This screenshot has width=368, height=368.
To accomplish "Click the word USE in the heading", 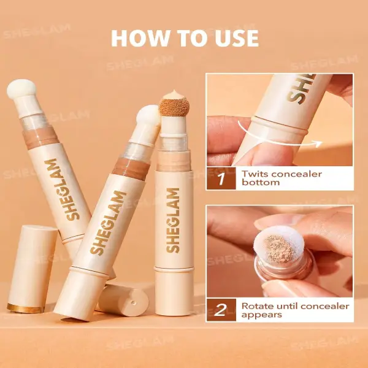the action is (x=237, y=38).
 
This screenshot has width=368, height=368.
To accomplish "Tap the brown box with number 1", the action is (x=221, y=178).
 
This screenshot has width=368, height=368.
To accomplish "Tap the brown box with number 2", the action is (x=221, y=310).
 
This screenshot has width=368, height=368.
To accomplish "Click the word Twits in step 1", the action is (x=255, y=174).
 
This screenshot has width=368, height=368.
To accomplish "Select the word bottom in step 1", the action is (x=261, y=183).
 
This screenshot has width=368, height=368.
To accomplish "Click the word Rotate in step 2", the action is (x=258, y=306).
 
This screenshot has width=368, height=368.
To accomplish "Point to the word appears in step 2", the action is (x=262, y=315).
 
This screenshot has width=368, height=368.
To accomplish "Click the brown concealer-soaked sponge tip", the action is (x=174, y=107).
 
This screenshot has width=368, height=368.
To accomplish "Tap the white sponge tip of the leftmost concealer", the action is (x=21, y=89).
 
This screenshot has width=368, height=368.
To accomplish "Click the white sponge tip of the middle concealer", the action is (x=148, y=115).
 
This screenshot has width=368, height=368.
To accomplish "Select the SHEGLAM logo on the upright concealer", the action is (x=173, y=220).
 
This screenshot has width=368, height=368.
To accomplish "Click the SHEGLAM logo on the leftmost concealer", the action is (x=62, y=190).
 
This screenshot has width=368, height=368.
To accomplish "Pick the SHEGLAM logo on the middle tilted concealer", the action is (x=108, y=223).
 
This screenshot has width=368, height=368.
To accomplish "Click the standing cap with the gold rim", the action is (x=31, y=269).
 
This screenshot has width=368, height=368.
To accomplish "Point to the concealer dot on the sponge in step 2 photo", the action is (x=278, y=249).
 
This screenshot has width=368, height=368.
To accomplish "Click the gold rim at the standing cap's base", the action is (x=26, y=308).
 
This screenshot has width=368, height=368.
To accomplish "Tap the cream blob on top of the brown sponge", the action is (x=174, y=95).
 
